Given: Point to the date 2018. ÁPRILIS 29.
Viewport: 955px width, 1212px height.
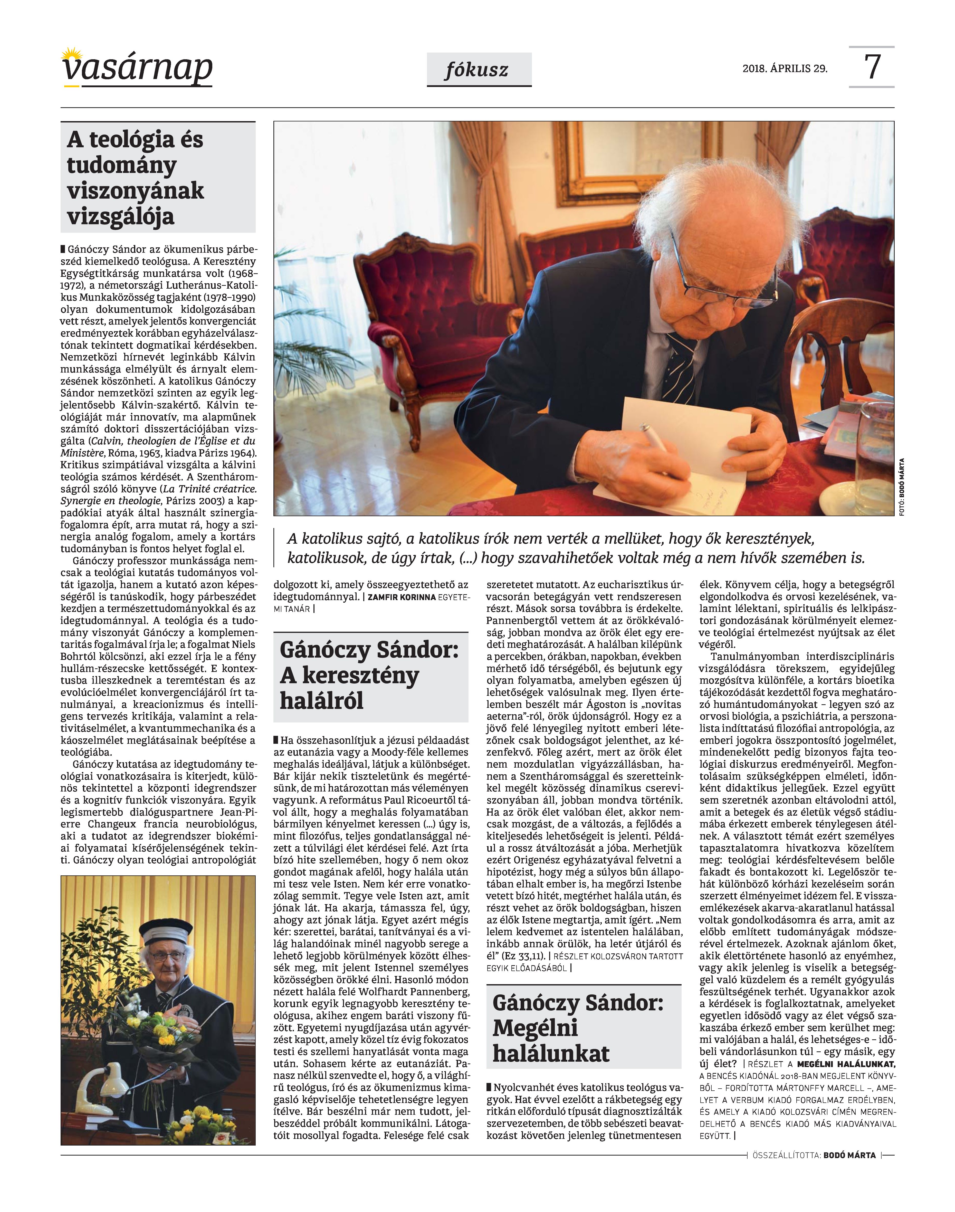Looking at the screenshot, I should tap(785, 69).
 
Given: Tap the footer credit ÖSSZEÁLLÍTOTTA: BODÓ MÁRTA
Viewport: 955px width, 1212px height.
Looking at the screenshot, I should tap(814, 1155).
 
